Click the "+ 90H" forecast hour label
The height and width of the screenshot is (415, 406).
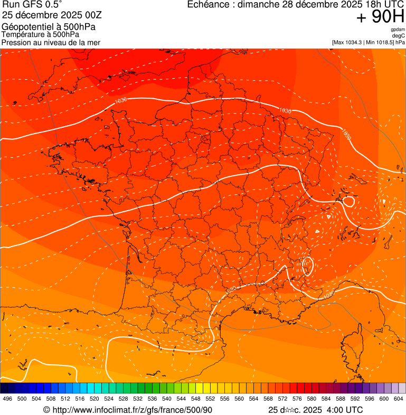click(x=380, y=17)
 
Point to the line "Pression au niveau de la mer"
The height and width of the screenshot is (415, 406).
click(x=51, y=42)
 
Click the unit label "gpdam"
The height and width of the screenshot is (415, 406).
click(x=398, y=30)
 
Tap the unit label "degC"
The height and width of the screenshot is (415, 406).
click(x=399, y=35)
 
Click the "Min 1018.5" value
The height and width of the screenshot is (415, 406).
click(x=380, y=42)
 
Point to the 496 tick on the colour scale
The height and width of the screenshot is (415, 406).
click(x=7, y=398)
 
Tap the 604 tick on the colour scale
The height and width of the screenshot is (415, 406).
click(x=398, y=398)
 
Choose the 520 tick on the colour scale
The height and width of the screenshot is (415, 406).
click(x=94, y=398)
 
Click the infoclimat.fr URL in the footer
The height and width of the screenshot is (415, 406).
click(x=132, y=410)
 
